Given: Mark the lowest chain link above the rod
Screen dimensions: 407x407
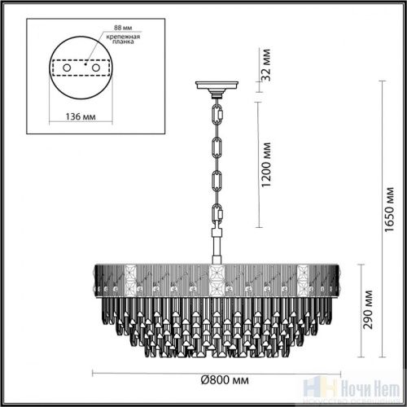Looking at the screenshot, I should (217, 217).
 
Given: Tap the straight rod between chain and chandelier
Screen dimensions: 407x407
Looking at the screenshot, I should (217, 246).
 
